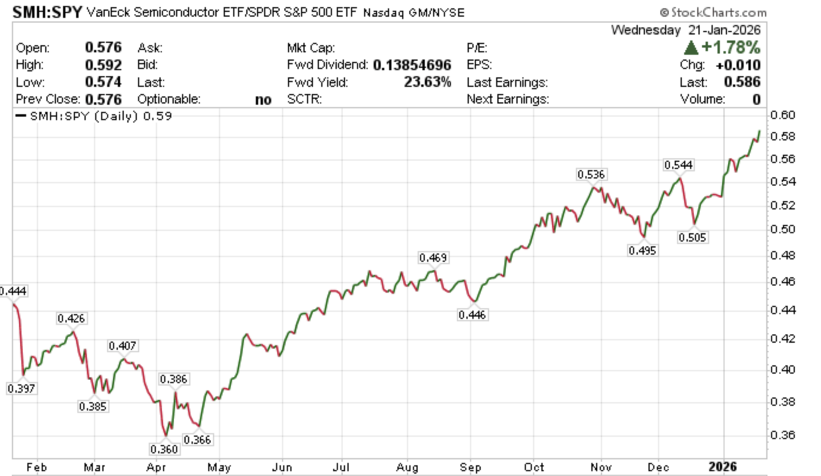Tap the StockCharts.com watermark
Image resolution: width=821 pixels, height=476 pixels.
click(713, 12)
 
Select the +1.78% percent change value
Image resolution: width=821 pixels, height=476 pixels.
click(730, 48)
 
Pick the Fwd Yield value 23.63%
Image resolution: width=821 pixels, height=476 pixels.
click(427, 82)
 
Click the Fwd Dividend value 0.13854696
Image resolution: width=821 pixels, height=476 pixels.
click(412, 65)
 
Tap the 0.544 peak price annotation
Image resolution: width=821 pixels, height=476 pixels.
click(678, 165)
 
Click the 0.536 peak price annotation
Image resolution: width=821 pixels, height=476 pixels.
click(591, 174)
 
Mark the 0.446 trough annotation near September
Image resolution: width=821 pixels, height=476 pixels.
click(472, 315)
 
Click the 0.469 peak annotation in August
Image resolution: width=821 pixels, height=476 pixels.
click(433, 258)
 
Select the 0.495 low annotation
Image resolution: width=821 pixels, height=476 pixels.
click(642, 250)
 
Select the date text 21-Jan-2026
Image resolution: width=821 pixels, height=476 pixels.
click(722, 30)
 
